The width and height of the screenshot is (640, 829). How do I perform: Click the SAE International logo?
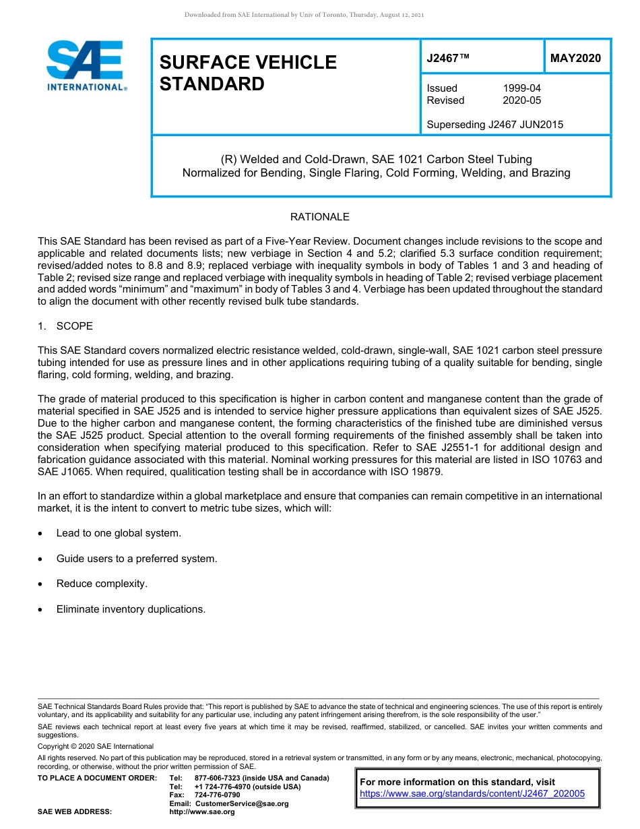(86, 65)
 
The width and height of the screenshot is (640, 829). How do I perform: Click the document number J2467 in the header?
(447, 59)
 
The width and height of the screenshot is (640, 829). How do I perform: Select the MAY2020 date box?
(575, 59)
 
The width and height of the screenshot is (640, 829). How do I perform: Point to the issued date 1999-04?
(521, 88)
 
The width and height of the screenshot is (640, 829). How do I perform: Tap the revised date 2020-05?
(521, 100)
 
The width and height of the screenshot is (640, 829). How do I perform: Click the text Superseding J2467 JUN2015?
(494, 124)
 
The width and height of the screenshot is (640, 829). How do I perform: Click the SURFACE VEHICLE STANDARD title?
(248, 73)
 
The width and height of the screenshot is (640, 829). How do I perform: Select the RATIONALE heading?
(319, 217)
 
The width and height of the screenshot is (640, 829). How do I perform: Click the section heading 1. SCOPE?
(65, 326)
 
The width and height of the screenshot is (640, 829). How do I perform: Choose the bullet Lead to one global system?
(119, 533)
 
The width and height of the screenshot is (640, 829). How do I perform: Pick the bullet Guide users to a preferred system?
(136, 559)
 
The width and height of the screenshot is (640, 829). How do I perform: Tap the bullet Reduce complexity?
(102, 584)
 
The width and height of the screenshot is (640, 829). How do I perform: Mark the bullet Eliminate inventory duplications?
(131, 609)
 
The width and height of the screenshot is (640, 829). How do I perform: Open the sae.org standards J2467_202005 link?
(472, 794)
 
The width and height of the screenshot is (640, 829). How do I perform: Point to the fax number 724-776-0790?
(218, 795)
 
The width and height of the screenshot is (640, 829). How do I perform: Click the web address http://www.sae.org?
(202, 812)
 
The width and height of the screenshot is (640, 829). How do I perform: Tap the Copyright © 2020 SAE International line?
(96, 746)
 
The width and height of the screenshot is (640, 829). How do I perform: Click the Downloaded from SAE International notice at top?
(304, 15)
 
